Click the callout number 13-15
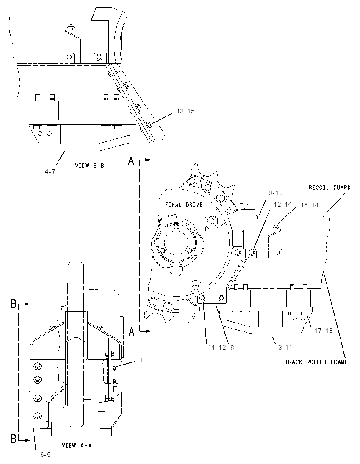[186, 111]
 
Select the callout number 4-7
[50, 171]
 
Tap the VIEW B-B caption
[89, 166]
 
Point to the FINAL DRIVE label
[183, 204]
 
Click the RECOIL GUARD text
[330, 188]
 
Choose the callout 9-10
[276, 193]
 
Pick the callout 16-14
[310, 205]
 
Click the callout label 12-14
[283, 204]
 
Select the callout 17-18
[324, 331]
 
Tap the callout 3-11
[285, 348]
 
